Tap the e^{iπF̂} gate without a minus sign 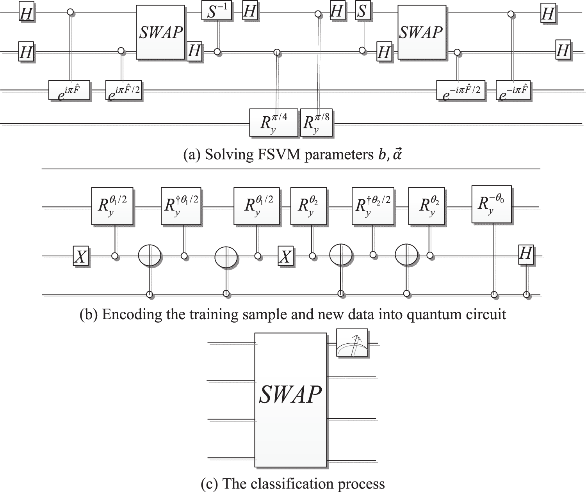click(69, 91)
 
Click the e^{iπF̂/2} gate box click(124, 91)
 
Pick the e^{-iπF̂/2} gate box click(461, 91)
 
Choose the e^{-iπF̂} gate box click(513, 91)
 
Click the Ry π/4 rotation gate click(273, 123)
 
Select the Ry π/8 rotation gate click(316, 123)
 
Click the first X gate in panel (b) click(81, 257)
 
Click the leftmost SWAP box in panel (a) click(160, 32)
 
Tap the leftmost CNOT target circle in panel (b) click(150, 256)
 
